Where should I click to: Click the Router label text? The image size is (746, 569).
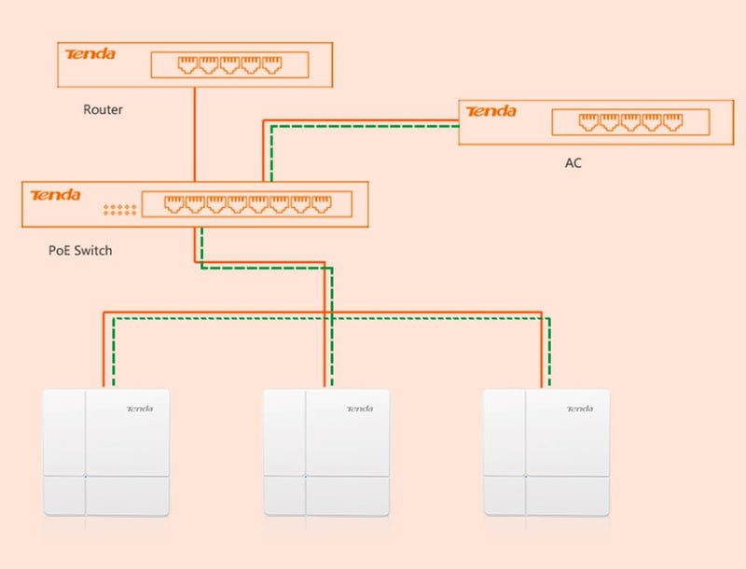(x=103, y=110)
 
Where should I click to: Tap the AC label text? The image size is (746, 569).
(x=573, y=162)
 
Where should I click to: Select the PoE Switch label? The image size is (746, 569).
(x=80, y=250)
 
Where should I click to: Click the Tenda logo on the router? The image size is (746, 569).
(x=90, y=54)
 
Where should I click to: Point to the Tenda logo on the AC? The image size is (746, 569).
(x=490, y=112)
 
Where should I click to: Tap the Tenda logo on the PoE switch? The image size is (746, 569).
(x=55, y=196)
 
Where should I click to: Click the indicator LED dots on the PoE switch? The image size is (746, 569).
(x=119, y=210)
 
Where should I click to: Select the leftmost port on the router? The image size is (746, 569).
(x=188, y=65)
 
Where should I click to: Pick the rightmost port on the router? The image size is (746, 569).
(x=271, y=65)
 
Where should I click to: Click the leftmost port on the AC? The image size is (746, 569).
(x=588, y=121)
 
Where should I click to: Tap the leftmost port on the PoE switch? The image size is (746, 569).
(x=173, y=202)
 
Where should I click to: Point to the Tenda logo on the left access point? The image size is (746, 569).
(x=140, y=409)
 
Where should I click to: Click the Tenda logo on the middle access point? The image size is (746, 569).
(x=360, y=409)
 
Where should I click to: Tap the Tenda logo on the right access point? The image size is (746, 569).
(x=580, y=409)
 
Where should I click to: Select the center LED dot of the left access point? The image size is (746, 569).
(x=86, y=476)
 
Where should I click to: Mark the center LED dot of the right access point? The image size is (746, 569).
(x=526, y=476)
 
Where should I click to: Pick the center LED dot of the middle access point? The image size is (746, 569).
(x=306, y=476)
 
